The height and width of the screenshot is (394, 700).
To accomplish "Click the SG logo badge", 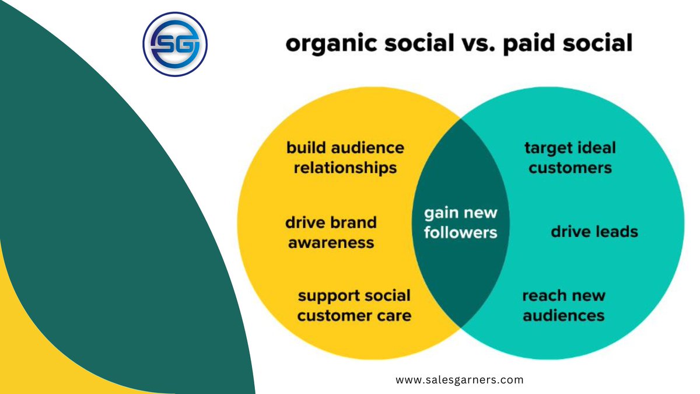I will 175,44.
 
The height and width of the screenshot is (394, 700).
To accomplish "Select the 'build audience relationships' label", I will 345,158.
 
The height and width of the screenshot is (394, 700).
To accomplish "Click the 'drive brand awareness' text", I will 331,232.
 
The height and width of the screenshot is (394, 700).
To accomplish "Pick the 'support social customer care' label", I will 354,305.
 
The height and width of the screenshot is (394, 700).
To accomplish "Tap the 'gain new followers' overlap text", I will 460,222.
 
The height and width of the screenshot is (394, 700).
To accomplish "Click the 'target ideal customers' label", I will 570,158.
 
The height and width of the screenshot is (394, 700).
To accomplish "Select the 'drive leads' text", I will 594,232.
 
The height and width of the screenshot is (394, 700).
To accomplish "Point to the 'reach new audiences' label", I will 563,305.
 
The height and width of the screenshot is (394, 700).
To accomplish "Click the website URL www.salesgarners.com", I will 460,380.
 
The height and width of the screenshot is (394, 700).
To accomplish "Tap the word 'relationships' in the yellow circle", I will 345,168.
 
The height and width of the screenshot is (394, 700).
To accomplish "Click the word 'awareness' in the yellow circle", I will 331,242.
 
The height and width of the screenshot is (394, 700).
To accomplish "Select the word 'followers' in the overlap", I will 460,232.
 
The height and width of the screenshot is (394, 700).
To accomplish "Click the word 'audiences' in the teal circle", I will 563,316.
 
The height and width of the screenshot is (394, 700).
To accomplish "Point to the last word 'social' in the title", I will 604,44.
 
